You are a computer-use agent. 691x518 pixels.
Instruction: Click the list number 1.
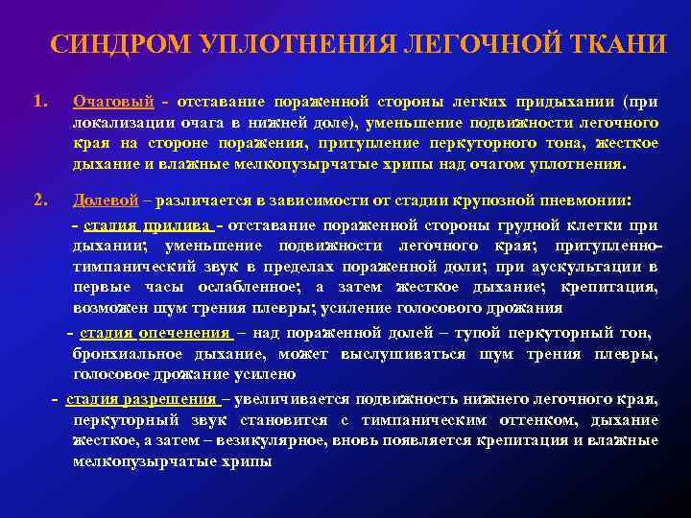pos(39,100)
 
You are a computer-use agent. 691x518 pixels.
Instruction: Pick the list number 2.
pos(39,200)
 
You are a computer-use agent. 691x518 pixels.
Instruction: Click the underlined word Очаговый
pos(113,102)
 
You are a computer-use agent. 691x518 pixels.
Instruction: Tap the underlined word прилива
pos(178,226)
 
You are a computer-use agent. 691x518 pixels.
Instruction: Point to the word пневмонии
pos(584,201)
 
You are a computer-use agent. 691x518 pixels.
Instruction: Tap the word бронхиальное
pos(125,354)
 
